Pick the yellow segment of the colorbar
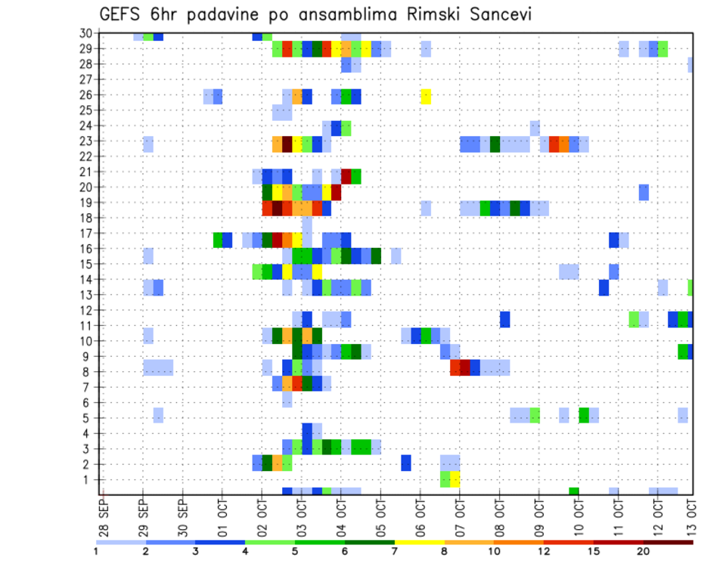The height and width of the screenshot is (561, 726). click(419, 542)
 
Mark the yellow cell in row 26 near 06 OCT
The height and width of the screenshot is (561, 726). click(426, 95)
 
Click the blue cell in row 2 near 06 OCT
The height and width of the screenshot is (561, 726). click(406, 463)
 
